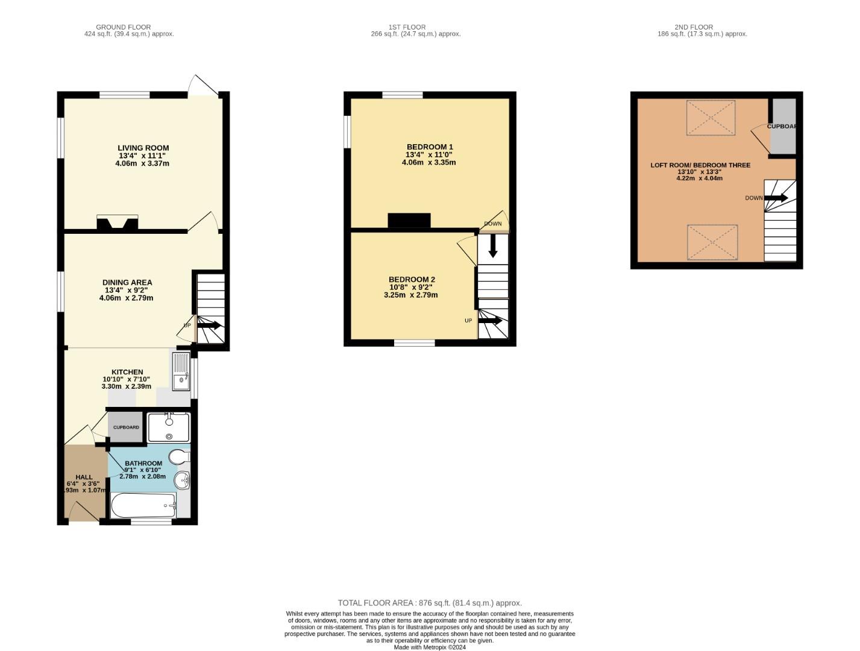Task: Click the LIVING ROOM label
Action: tap(143, 148)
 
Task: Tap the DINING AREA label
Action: tap(127, 283)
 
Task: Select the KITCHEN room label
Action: tap(127, 372)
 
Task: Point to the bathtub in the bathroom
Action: tap(143, 505)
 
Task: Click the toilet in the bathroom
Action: tap(179, 456)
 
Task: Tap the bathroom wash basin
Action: tap(181, 480)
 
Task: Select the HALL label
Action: tap(84, 477)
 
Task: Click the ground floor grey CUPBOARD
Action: tap(126, 427)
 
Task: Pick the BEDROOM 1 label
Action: tap(430, 147)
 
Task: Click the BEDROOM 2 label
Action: tap(412, 280)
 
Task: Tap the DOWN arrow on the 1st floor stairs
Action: tap(493, 246)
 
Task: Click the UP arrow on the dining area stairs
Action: tap(209, 325)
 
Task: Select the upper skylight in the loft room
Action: tap(711, 118)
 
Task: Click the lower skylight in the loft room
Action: tap(712, 243)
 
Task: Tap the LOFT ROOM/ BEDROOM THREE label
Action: tap(700, 165)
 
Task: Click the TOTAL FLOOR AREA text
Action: tap(430, 603)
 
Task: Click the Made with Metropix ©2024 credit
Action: tap(430, 647)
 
